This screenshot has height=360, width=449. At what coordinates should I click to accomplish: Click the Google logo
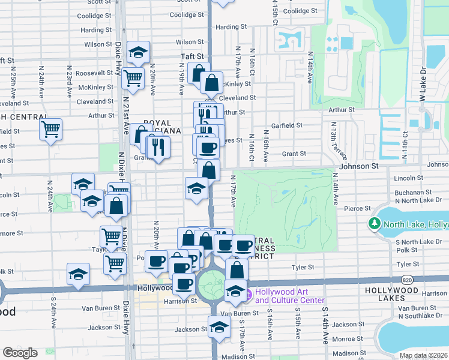click(x=20, y=353)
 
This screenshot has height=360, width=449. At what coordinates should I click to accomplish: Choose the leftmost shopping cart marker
click(x=51, y=128)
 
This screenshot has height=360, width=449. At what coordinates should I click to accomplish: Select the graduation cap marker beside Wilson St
click(x=139, y=52)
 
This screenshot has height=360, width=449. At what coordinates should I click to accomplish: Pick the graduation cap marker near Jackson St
click(x=219, y=326)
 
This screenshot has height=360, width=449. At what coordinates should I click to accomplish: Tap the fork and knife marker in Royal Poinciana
click(x=158, y=146)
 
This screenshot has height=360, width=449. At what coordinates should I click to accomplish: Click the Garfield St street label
click(x=286, y=125)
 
